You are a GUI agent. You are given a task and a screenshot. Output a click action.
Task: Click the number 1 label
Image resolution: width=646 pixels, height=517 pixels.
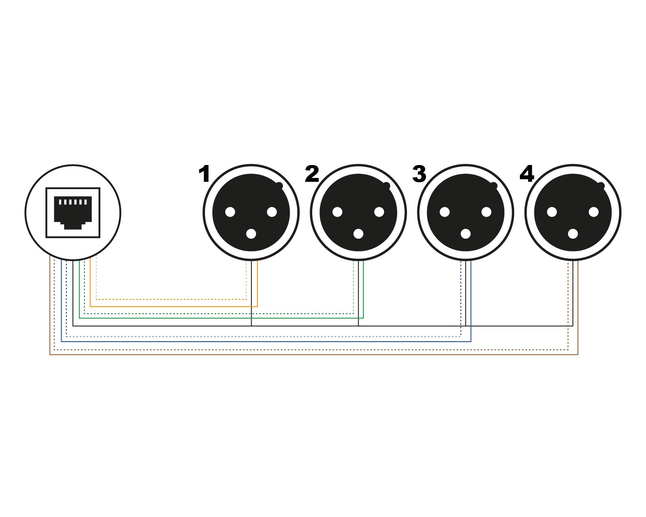pyautogui.click(x=204, y=174)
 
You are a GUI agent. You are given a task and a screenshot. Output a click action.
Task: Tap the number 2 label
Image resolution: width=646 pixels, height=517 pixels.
pyautogui.click(x=312, y=174)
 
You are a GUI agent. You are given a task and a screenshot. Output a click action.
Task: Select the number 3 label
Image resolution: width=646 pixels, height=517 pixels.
pyautogui.click(x=419, y=174)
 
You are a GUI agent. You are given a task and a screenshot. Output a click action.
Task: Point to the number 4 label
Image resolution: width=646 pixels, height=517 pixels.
pyautogui.click(x=527, y=174)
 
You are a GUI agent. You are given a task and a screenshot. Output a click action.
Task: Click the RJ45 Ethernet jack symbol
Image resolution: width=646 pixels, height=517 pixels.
pyautogui.click(x=73, y=212)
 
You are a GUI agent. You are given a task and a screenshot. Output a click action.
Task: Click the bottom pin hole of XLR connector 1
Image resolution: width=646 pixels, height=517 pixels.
pyautogui.click(x=251, y=234)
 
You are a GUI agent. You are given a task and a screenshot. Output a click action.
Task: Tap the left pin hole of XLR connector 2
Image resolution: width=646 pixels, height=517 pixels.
pyautogui.click(x=337, y=212)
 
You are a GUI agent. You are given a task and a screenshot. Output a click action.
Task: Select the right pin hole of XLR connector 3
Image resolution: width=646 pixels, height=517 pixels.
pyautogui.click(x=486, y=212)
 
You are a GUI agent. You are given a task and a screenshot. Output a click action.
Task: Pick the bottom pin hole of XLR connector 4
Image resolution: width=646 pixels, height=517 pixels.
pyautogui.click(x=573, y=234)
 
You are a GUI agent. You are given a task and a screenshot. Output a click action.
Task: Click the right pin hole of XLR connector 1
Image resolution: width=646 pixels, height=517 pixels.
pyautogui.click(x=272, y=212)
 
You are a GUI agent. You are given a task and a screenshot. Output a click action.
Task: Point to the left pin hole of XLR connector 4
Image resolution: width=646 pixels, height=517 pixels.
pyautogui.click(x=552, y=212)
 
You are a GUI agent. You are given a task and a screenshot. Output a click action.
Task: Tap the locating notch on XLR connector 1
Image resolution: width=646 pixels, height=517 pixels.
pyautogui.click(x=279, y=186)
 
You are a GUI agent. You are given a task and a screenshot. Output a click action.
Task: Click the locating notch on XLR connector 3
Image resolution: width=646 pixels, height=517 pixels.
pyautogui.click(x=494, y=186)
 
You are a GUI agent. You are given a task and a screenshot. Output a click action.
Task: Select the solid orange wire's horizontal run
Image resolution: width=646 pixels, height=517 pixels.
pyautogui.click(x=172, y=306)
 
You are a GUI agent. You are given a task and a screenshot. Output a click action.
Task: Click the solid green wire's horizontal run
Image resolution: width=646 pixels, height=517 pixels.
pyautogui.click(x=215, y=318)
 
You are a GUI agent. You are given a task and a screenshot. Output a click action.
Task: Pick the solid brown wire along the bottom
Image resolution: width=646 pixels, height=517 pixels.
pyautogui.click(x=301, y=355)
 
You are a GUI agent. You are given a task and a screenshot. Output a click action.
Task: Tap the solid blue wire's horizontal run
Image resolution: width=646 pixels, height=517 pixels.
pyautogui.click(x=258, y=341)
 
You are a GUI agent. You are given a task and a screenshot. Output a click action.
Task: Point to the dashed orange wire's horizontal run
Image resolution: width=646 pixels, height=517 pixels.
pyautogui.click(x=172, y=299)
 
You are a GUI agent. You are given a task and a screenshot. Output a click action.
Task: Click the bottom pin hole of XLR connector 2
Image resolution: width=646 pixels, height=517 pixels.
pyautogui.click(x=358, y=234)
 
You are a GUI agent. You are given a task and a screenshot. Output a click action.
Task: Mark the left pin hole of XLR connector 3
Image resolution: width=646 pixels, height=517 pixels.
pyautogui.click(x=444, y=212)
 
